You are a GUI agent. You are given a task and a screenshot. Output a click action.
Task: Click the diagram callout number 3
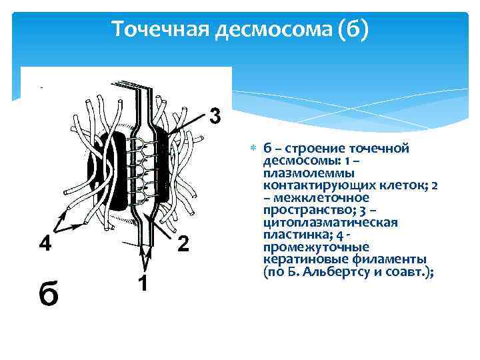215,115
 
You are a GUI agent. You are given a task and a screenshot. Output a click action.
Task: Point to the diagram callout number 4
44,244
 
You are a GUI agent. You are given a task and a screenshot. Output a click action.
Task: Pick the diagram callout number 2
185,244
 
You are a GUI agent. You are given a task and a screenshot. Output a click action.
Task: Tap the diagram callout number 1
142,283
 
